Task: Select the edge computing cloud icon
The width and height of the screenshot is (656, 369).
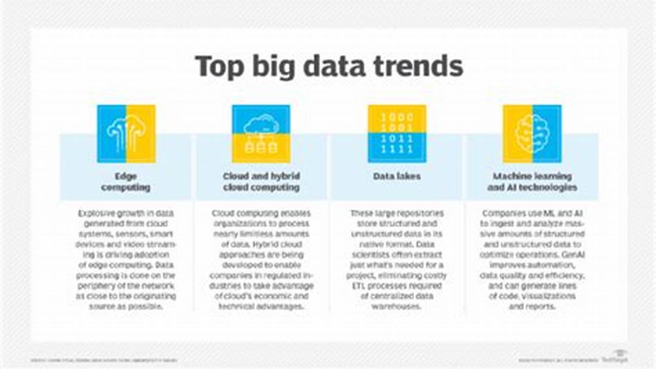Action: click(126, 134)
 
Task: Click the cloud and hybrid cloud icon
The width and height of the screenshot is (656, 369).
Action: click(261, 134)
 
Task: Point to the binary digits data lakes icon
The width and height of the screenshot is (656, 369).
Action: click(396, 134)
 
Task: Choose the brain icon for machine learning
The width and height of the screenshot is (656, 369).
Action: click(532, 134)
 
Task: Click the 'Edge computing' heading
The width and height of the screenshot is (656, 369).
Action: click(126, 182)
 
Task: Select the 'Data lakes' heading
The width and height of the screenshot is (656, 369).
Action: click(396, 176)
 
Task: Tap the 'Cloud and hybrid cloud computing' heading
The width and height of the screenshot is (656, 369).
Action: click(261, 182)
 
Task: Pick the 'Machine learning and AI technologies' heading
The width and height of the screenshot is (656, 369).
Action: click(532, 182)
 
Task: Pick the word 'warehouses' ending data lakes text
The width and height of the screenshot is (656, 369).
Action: click(396, 306)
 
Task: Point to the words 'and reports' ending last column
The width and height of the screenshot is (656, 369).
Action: click(532, 306)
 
